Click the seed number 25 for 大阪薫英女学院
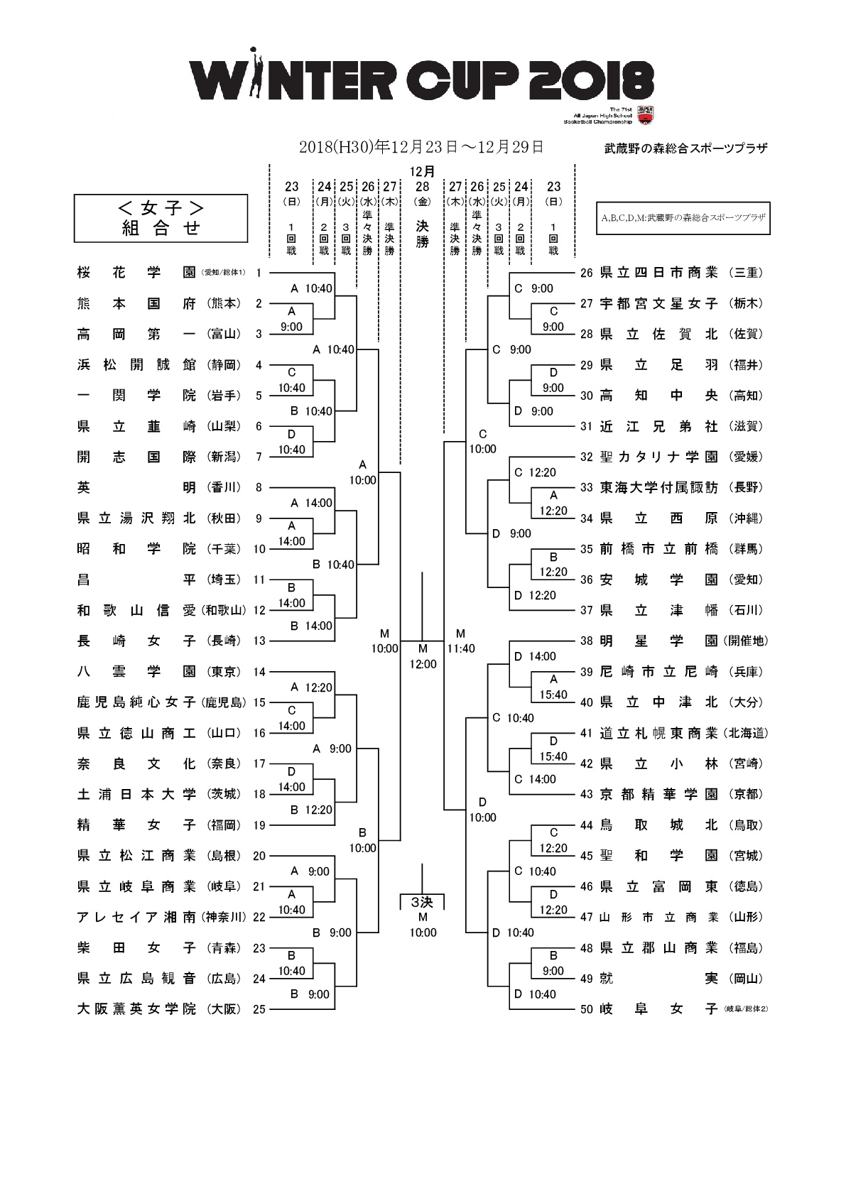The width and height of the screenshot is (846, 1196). coord(259,1009)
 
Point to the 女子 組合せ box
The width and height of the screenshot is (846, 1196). coord(161,218)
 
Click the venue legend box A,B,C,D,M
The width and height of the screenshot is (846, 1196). coord(683,218)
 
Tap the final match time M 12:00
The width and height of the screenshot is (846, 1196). coord(423,657)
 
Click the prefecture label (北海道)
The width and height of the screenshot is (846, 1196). coord(746,733)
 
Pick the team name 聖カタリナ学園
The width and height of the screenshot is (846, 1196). coord(658,457)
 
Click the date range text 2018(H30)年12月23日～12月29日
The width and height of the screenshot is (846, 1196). coord(421,147)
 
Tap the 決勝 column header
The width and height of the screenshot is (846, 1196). coord(423,234)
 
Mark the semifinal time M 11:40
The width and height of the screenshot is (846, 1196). coord(461,641)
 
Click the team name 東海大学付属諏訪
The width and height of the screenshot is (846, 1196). coord(658,487)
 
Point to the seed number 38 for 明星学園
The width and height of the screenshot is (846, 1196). coord(586,641)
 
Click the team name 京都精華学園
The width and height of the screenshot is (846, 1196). coord(658,794)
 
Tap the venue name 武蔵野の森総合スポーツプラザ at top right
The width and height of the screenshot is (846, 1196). coord(685,149)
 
